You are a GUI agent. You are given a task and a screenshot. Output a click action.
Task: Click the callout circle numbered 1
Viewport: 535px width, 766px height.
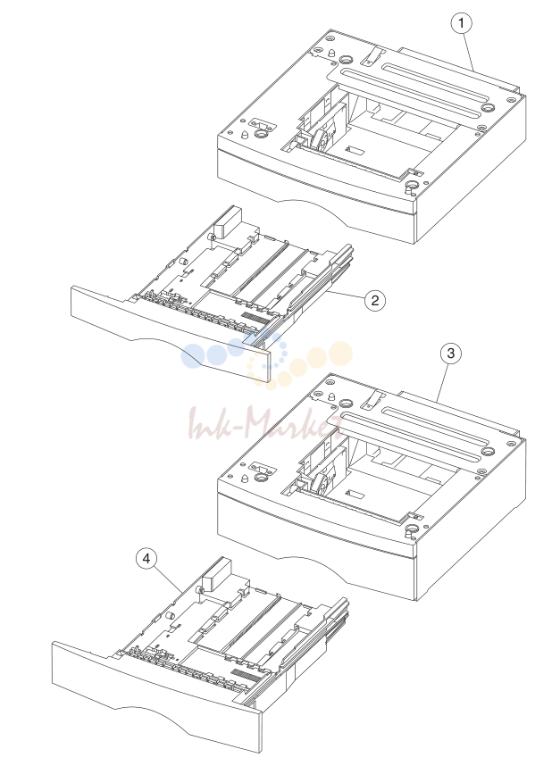point(461,23)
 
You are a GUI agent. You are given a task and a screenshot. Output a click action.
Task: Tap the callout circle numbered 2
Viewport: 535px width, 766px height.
point(375,300)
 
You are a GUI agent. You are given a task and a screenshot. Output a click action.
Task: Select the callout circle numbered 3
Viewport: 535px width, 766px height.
point(450,353)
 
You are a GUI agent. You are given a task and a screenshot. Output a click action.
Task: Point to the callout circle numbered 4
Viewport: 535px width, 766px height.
point(146,558)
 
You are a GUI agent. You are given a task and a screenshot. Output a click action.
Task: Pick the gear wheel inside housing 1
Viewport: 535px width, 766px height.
point(321,139)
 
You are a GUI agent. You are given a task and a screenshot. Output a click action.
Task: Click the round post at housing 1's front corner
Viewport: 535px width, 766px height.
point(412,186)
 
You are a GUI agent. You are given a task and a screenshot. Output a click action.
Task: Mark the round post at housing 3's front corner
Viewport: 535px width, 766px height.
point(412,529)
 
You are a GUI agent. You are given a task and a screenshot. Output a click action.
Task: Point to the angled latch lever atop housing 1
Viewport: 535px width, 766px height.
point(370,55)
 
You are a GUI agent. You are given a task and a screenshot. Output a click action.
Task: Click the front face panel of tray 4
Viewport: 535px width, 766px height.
point(156,693)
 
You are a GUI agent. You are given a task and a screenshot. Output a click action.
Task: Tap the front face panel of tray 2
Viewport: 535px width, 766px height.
point(170,332)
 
